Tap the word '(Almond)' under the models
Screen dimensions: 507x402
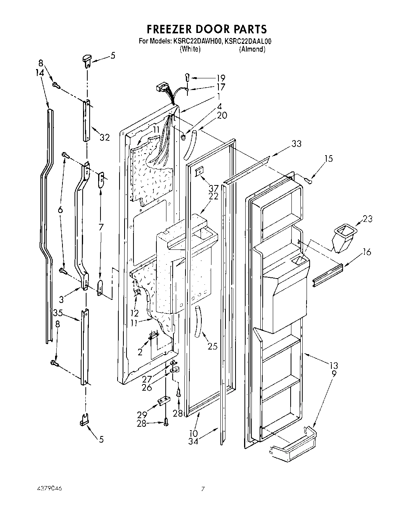click(252, 49)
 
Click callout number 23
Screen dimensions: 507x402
click(367, 219)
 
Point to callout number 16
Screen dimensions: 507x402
click(366, 253)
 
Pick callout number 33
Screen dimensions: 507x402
click(296, 144)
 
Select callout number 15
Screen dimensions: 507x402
click(328, 159)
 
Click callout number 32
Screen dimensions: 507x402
click(104, 137)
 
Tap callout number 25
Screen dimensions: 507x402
click(212, 346)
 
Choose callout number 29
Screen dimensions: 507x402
click(142, 415)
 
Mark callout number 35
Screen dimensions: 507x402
click(58, 312)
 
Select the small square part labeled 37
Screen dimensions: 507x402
click(200, 171)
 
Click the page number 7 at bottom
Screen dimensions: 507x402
click(202, 489)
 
